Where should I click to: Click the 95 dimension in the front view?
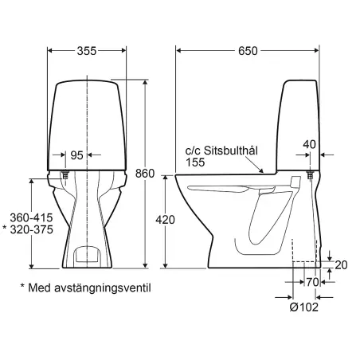pyautogui.click(x=76, y=155)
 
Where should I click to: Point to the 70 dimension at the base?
pyautogui.click(x=313, y=281)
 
